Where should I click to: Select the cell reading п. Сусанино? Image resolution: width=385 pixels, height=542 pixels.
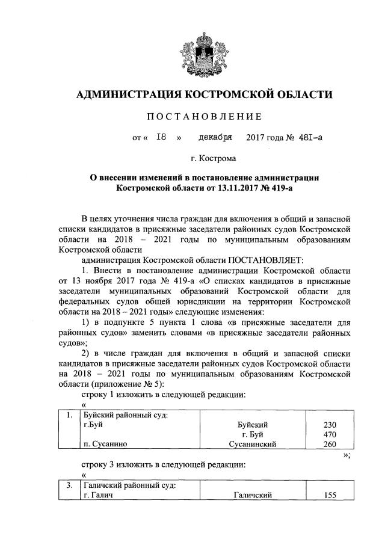(x=106, y=445)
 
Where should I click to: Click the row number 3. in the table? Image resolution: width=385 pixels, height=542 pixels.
(x=70, y=485)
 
